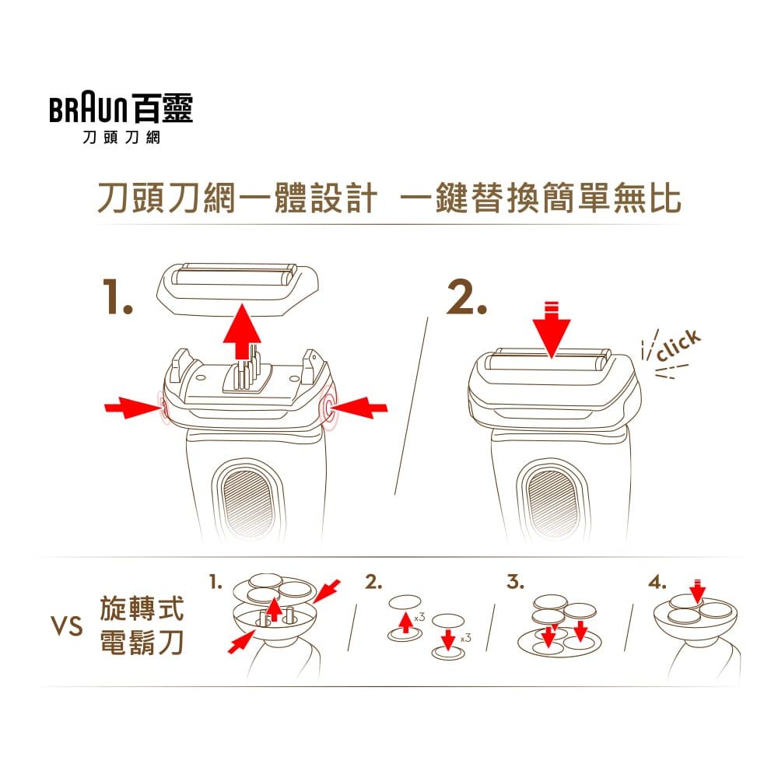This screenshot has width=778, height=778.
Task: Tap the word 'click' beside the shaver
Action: (x=678, y=345)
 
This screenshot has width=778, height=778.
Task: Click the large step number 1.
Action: (x=117, y=296)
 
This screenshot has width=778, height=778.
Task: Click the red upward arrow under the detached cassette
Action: (x=242, y=331)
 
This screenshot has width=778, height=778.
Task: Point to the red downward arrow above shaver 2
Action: (x=552, y=329)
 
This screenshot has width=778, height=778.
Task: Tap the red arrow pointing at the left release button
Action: (x=133, y=408)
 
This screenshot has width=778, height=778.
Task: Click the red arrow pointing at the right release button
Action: (x=359, y=408)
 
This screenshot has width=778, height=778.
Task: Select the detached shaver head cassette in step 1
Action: (x=237, y=289)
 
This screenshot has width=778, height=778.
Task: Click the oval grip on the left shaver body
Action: (x=248, y=501)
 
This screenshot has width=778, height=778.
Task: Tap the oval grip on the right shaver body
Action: (x=552, y=501)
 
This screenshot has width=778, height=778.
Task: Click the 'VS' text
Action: (x=67, y=626)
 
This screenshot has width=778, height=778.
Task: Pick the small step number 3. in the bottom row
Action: (x=516, y=581)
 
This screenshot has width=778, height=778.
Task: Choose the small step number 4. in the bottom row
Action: (x=657, y=581)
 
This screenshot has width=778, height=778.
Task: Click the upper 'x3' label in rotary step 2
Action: (x=419, y=617)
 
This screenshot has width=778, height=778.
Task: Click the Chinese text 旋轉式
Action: (x=142, y=608)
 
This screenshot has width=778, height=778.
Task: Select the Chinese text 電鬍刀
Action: (x=142, y=642)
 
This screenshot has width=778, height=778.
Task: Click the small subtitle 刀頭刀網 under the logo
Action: (x=121, y=138)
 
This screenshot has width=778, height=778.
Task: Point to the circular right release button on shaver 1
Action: (x=328, y=408)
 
